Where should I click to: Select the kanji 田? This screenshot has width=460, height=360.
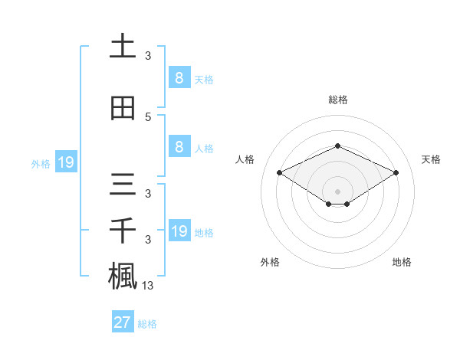click(123, 107)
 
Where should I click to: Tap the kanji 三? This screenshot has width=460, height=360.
click(123, 187)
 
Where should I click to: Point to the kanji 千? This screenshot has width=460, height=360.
click(123, 232)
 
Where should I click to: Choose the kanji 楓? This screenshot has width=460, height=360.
click(123, 276)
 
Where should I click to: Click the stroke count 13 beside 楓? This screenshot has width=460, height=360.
click(148, 286)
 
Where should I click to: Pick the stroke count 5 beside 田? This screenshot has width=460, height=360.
click(148, 117)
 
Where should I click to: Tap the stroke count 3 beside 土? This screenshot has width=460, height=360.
click(148, 56)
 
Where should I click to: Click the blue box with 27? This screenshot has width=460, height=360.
click(122, 322)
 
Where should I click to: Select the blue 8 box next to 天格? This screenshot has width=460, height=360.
click(179, 77)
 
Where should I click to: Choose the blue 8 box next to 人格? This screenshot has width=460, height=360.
click(179, 147)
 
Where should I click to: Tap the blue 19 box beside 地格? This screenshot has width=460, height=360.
click(179, 231)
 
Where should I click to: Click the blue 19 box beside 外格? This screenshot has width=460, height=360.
click(65, 162)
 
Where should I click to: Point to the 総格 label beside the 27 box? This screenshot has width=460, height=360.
click(147, 324)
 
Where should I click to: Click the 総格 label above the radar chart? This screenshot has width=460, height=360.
click(337, 100)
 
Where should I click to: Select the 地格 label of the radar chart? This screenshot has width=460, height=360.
click(402, 262)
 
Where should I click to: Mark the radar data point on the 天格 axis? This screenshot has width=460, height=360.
click(396, 172)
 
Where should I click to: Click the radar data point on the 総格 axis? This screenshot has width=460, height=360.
click(337, 146)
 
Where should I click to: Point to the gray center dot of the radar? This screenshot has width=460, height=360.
click(337, 190)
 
